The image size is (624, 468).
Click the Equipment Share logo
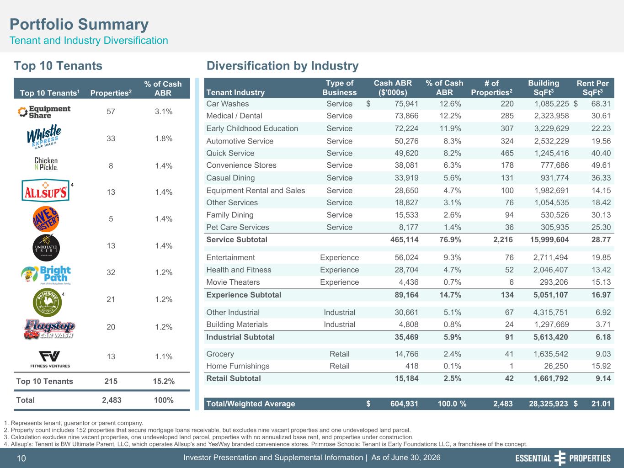pos(44,112)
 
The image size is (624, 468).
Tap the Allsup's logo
pos(45,191)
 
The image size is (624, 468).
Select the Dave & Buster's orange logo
pos(46,219)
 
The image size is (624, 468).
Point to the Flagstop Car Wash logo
pos(49,329)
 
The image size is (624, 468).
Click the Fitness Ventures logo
pos(50,359)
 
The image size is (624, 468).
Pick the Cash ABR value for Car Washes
pos(406,104)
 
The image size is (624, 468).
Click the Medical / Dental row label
pos(234,116)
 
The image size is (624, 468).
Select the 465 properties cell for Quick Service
pos(507,153)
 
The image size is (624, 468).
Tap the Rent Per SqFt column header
pos(592,88)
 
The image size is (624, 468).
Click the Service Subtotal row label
pos(236,239)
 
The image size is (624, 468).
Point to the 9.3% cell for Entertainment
pos(452,257)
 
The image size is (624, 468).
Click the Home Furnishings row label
pos(238,366)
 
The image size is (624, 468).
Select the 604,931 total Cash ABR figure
pos(404,404)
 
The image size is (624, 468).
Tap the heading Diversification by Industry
pos(283,66)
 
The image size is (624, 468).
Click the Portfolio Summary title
pos(79,24)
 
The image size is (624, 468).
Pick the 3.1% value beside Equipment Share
pos(164,112)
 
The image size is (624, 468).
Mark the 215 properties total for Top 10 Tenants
pos(111,381)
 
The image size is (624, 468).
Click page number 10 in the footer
pos(21,458)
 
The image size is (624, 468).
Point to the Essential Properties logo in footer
pos(563,458)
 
